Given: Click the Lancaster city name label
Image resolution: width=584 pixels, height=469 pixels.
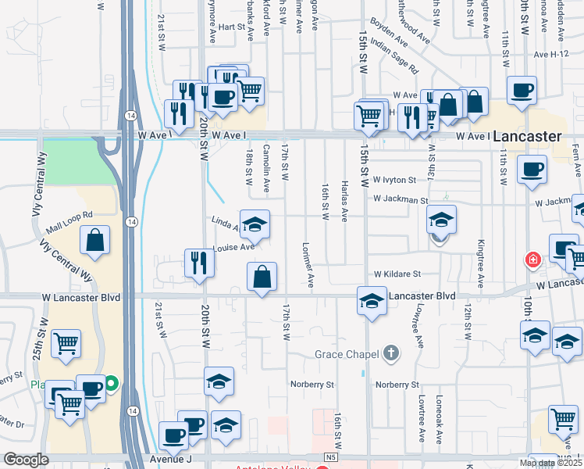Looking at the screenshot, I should point(528,136).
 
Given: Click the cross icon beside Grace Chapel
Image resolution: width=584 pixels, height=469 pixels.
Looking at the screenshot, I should point(392,354).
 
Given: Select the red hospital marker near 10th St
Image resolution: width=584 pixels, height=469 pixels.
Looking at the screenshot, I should point(533,259).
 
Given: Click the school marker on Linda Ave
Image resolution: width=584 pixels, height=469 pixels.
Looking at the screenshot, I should point(255,224).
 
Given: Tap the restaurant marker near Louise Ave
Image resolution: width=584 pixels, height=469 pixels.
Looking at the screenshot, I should point(198,263).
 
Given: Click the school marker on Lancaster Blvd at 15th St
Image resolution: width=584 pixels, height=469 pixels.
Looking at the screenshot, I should point(372,300).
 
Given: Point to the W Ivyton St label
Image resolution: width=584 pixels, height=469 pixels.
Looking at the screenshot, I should point(395,180).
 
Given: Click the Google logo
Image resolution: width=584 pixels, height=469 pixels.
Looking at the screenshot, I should point(26,460).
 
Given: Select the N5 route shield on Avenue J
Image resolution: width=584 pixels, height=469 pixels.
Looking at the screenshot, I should point(329,456).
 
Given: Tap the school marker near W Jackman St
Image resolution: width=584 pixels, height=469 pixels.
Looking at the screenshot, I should point(441,221).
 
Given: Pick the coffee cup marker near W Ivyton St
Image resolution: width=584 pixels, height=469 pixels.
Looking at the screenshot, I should point(532,169).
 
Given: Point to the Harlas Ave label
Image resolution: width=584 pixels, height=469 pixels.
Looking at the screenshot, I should point(344,199).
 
